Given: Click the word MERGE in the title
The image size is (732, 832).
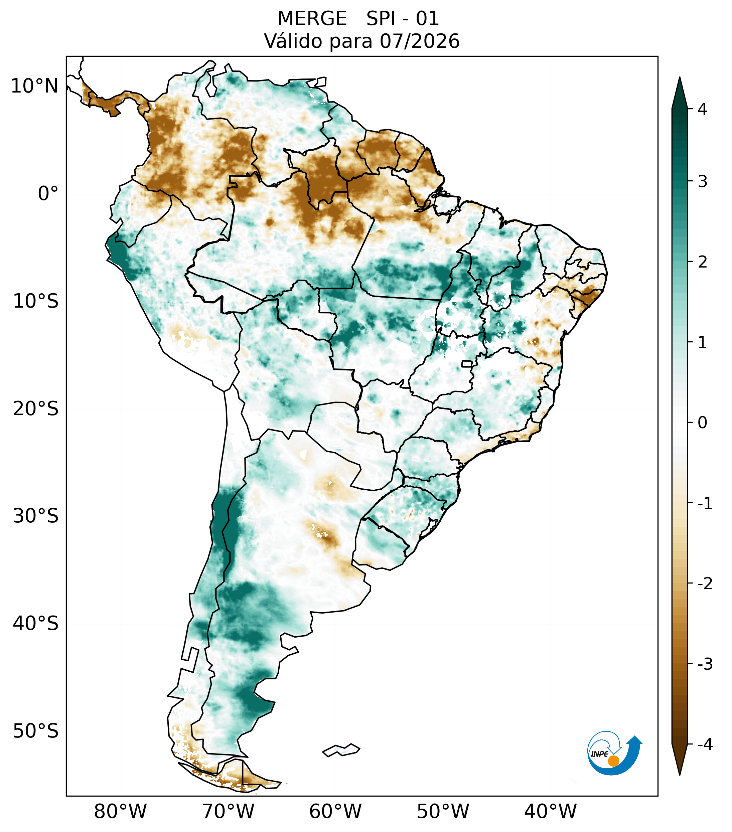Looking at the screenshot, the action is [312, 18].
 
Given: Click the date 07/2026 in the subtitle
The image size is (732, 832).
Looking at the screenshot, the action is [420, 41].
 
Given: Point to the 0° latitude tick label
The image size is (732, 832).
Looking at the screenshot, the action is [48, 194].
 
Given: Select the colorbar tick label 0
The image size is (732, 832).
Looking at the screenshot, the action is [702, 423].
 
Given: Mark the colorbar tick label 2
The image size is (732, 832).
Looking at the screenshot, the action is [702, 262].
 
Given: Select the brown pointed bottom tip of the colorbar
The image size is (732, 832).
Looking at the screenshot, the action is [680, 775].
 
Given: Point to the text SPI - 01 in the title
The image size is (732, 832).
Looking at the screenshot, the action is [403, 18].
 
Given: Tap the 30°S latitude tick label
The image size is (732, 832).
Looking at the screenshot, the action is [36, 516].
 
